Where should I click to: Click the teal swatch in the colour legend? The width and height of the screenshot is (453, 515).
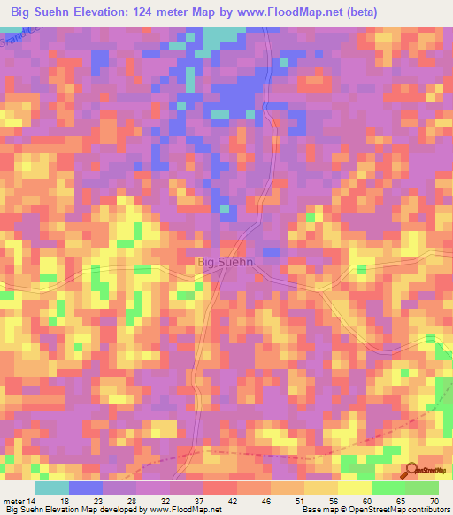[52, 488]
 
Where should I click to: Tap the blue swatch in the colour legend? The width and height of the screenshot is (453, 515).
[86, 488]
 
